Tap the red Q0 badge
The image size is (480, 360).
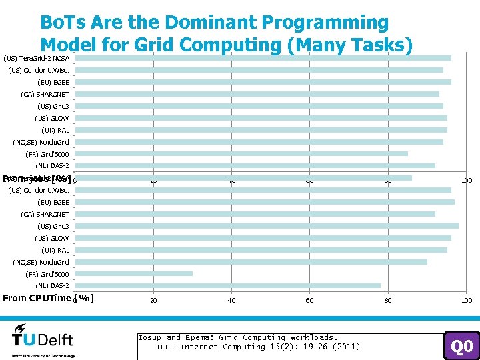point(461,346)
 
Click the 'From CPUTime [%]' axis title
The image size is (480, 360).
point(48,298)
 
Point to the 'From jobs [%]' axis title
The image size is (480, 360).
point(36,179)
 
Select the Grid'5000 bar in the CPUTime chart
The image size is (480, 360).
point(134,273)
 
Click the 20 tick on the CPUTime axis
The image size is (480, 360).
point(153,301)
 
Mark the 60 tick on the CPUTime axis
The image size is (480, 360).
point(310,301)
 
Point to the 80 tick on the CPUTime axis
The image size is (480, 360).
point(388,301)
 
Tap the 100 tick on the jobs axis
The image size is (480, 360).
point(467,181)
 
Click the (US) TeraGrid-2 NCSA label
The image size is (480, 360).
point(39,58)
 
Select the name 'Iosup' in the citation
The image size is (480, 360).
point(150,337)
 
